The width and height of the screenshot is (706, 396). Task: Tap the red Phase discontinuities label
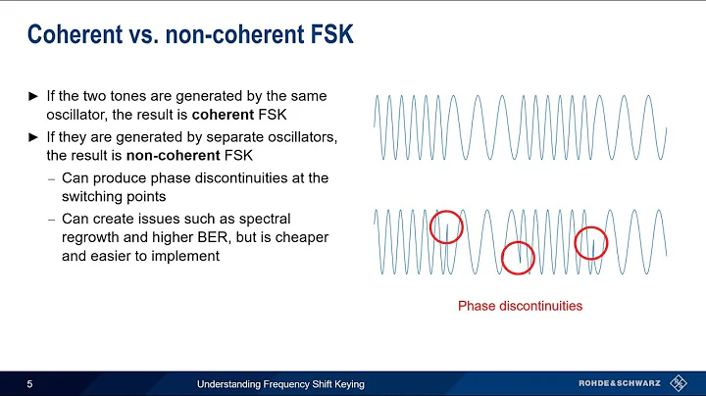click(x=520, y=306)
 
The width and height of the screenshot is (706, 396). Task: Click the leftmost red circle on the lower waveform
click(x=447, y=227)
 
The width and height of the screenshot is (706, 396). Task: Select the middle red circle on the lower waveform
click(x=518, y=257)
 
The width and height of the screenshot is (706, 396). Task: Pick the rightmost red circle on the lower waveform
click(x=591, y=242)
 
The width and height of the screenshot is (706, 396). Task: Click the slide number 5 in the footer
click(x=30, y=383)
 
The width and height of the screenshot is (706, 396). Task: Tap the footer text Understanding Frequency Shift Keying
click(x=280, y=383)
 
